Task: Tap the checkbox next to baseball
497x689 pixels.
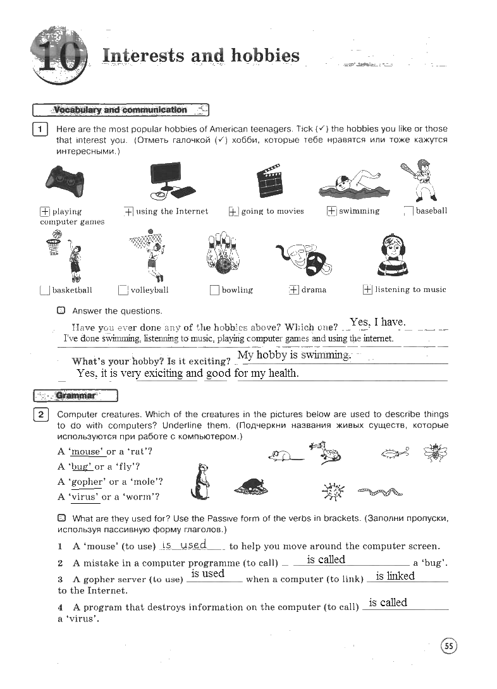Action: [408, 211]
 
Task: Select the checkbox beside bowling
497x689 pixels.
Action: [214, 290]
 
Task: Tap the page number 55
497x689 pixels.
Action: [448, 645]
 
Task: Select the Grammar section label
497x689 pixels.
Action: [75, 396]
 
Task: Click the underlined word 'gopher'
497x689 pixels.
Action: [87, 482]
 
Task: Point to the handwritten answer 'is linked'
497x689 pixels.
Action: [395, 576]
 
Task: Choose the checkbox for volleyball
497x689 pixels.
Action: [123, 290]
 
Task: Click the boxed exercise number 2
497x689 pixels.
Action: [40, 415]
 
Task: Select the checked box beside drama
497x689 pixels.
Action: [293, 290]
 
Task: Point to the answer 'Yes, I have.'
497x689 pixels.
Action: [377, 322]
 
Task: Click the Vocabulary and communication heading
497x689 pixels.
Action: [120, 110]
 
